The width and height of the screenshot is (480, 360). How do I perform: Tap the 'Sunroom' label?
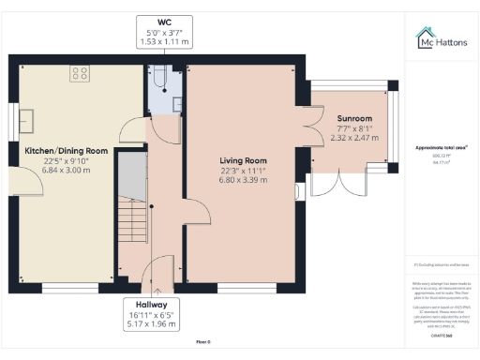coord(354,119)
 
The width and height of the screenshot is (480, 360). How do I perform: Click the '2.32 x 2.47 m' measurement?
coord(354,138)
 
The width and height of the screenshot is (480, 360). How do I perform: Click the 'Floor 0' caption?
coord(203,342)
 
